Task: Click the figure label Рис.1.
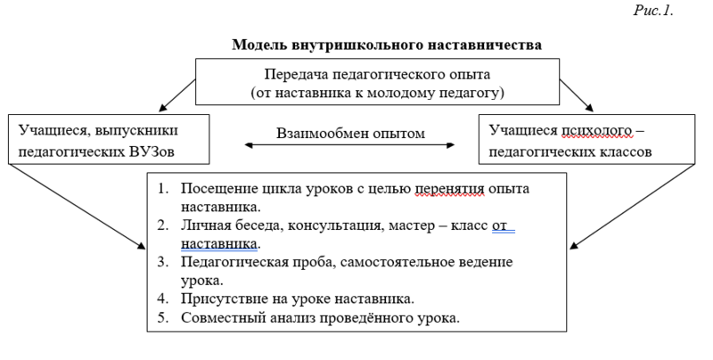pos(653,10)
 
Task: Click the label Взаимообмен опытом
pos(350,133)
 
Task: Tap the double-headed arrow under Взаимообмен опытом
pos(349,145)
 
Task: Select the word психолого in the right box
pos(596,130)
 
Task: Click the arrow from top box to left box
pos(177,95)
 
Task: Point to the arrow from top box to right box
pos(576,95)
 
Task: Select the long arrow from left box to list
pos(77,207)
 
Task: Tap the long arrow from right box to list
pos(632,207)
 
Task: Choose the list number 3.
pos(163,262)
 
